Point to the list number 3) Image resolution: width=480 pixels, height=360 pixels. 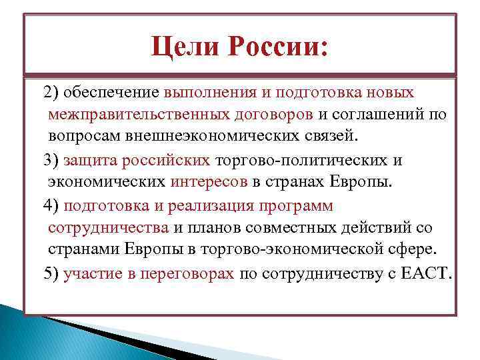coord(51,161)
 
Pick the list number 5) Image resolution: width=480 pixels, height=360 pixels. coord(51,274)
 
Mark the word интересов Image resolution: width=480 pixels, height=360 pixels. coord(209,183)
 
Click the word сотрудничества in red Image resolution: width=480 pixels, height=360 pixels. coord(108,227)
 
